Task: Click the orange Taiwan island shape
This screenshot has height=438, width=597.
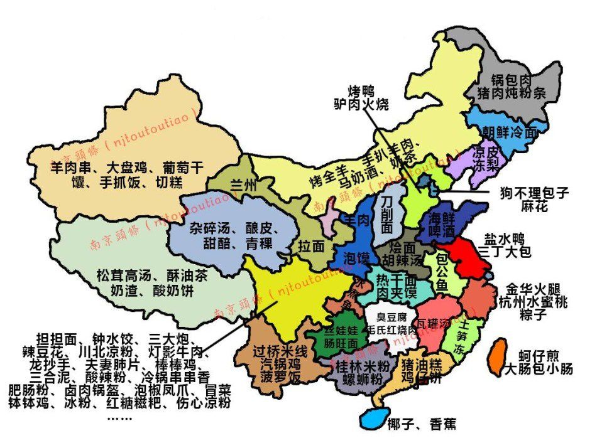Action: pos(497,356)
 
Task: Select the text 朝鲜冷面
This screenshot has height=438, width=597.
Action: pos(510,132)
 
